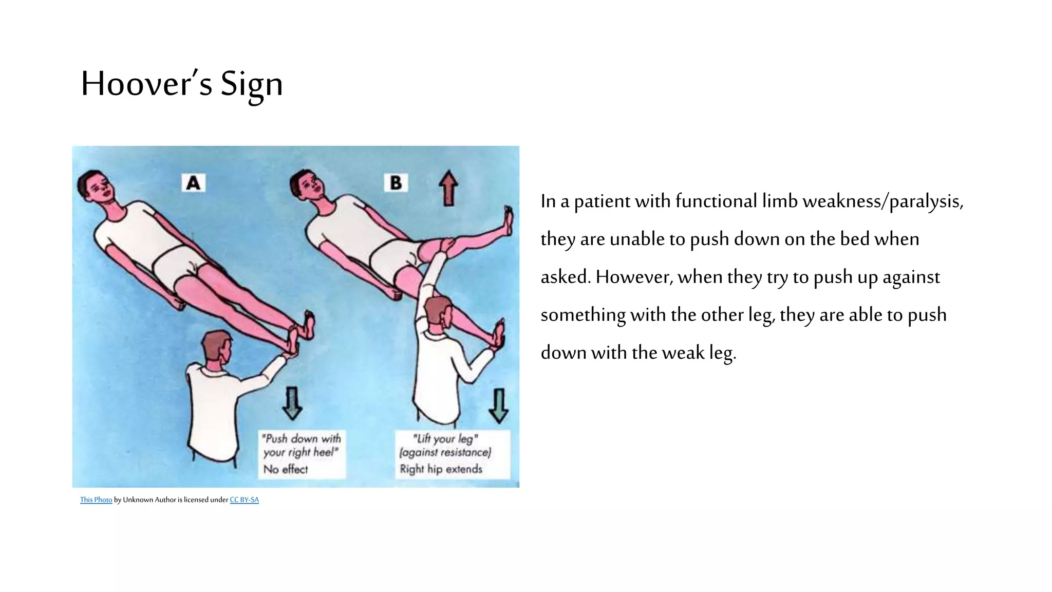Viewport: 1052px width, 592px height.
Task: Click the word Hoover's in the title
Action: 146,83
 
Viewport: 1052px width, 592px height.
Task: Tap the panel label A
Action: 194,183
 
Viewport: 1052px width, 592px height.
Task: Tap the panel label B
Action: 396,182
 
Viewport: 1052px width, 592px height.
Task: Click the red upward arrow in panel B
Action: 448,189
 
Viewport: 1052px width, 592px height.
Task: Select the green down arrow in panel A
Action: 292,403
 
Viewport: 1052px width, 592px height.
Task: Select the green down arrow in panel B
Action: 498,405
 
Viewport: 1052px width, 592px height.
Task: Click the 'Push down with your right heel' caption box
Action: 302,454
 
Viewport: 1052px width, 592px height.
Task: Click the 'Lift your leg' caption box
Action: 453,454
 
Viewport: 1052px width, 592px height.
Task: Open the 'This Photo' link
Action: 96,499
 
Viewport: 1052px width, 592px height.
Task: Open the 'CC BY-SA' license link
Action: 245,499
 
